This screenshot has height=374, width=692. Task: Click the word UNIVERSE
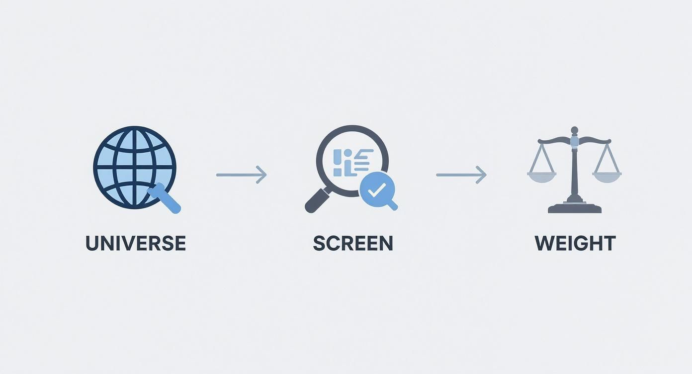point(136,243)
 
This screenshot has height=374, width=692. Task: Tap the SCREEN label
point(353,243)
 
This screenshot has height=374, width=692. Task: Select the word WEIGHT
point(575,243)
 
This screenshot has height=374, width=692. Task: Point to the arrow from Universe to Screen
point(241,175)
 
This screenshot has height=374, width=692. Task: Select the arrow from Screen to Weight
point(461,175)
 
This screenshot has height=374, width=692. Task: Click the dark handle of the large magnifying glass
point(315,202)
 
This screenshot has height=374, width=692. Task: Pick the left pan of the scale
point(541,176)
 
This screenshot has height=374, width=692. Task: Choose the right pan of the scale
point(607,176)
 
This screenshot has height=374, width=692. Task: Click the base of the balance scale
point(575,207)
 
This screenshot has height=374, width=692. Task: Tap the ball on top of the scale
point(575,130)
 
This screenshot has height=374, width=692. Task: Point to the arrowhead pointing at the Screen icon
point(262,175)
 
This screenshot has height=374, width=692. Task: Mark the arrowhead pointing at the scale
point(482,175)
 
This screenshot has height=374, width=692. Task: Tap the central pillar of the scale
point(575,169)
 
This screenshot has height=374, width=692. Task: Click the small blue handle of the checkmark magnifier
point(393,204)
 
